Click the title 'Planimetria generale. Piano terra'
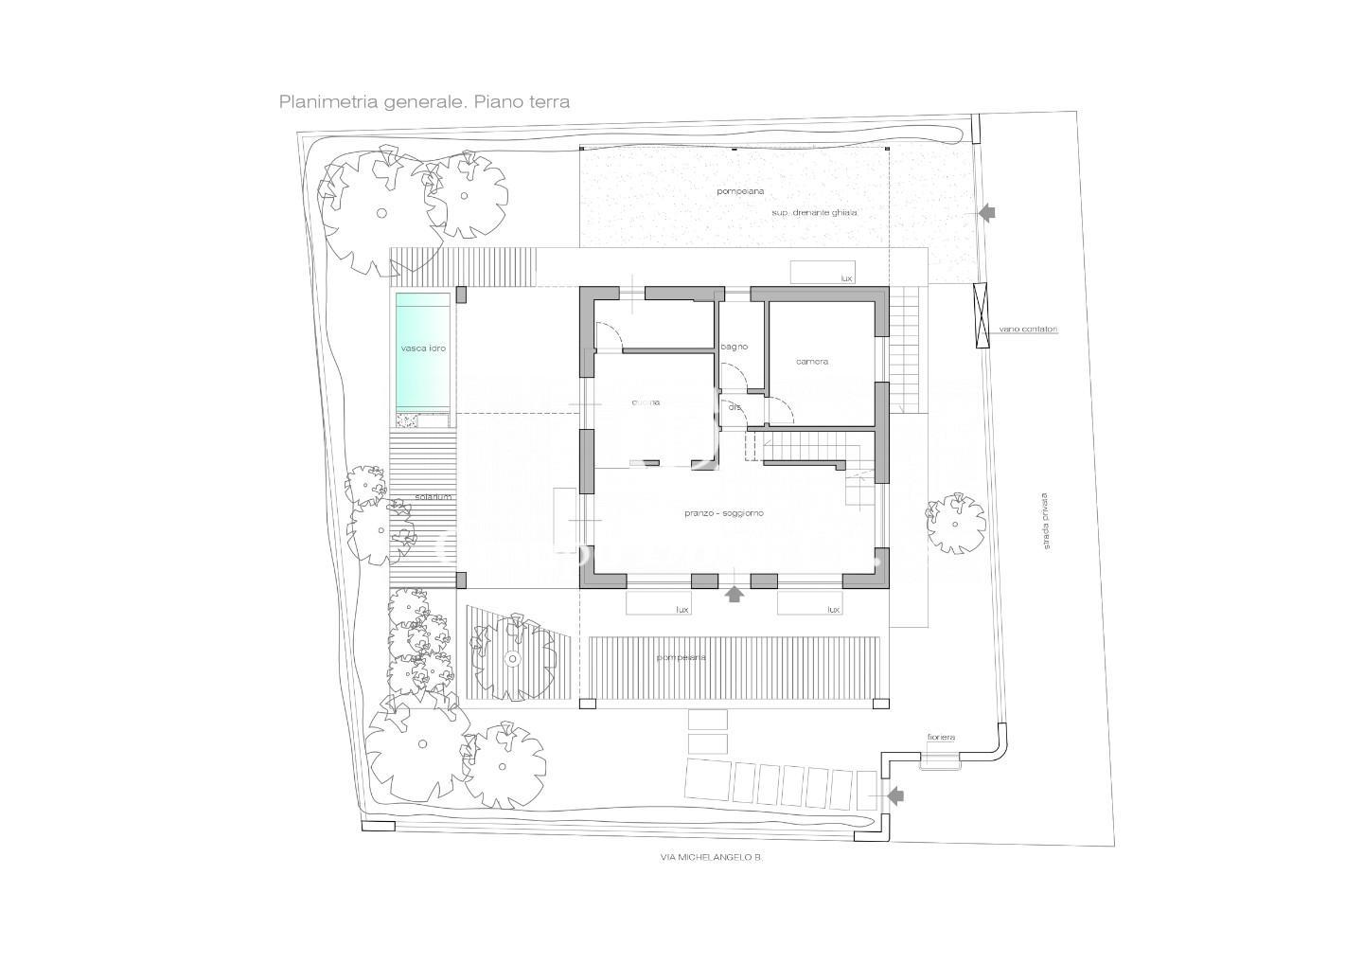pyautogui.click(x=424, y=101)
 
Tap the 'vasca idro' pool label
pyautogui.click(x=423, y=348)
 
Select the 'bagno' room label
pyautogui.click(x=735, y=347)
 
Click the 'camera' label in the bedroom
pyautogui.click(x=812, y=362)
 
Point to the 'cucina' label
pyautogui.click(x=646, y=402)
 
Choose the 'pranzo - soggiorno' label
pyautogui.click(x=724, y=513)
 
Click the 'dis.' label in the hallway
pyautogui.click(x=735, y=407)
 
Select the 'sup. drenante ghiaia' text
pyautogui.click(x=814, y=213)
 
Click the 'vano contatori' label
pyautogui.click(x=1029, y=330)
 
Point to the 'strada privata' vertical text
pyautogui.click(x=1046, y=521)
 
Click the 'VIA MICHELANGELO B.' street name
pyautogui.click(x=712, y=857)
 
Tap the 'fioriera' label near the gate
pyautogui.click(x=941, y=737)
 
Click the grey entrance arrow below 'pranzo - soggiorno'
pyautogui.click(x=734, y=595)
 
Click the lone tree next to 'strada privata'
pyautogui.click(x=955, y=522)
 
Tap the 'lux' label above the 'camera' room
pyautogui.click(x=846, y=278)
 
